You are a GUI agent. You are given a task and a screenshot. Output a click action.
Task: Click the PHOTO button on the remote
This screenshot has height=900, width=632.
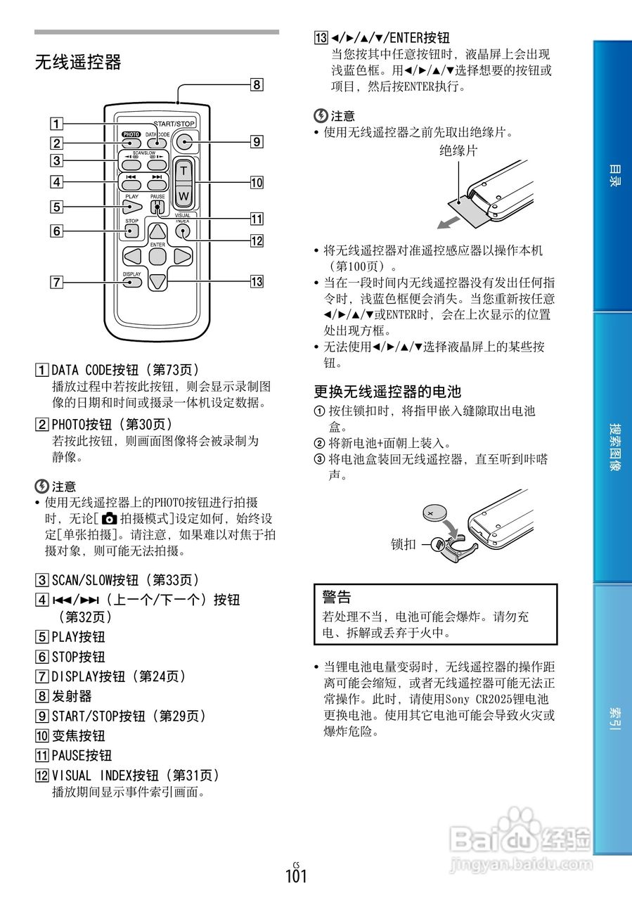130,143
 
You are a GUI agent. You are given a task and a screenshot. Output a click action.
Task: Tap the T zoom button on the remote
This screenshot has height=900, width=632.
183,171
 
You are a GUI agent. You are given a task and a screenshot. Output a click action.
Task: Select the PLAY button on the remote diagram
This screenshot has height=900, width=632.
131,207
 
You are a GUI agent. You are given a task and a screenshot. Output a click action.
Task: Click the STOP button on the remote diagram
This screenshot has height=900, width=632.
131,230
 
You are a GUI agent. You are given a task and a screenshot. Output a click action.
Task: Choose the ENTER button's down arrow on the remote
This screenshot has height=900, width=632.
158,281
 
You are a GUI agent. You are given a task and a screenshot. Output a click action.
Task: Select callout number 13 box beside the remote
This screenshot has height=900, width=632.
257,282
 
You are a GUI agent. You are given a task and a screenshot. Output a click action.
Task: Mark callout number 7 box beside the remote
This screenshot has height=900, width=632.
55,283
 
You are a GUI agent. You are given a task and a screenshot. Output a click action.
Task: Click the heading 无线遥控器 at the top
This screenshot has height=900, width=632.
78,63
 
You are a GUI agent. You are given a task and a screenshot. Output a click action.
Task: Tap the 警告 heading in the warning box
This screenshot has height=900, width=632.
337,597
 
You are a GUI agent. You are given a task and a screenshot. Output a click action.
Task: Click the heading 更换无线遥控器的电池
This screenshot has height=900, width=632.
387,391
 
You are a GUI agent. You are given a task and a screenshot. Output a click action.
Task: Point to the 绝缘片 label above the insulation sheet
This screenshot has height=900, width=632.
458,149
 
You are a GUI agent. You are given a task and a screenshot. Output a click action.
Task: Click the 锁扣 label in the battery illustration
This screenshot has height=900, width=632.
404,544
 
